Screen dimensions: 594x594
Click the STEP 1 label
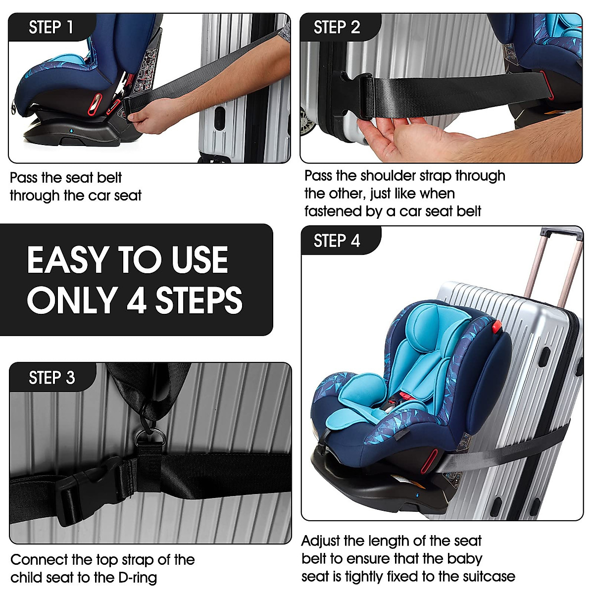tap(51, 27)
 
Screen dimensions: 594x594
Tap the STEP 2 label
tap(337, 27)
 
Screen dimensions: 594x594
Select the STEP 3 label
tap(52, 378)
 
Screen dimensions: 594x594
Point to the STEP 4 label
tap(337, 241)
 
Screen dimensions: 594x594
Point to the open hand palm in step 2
tap(396, 139)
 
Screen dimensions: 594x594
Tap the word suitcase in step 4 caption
tap(489, 577)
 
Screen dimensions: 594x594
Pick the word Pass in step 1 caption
tap(23, 178)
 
